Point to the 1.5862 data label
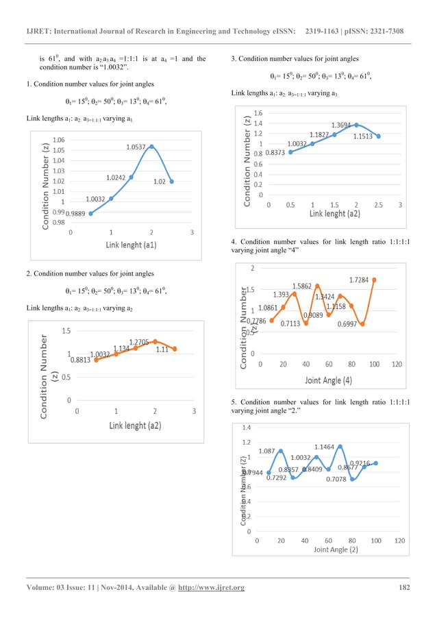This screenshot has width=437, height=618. [x=303, y=286]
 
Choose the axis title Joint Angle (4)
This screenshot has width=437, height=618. [x=329, y=380]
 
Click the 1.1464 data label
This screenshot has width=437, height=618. [x=325, y=447]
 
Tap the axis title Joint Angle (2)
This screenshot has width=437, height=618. [x=336, y=549]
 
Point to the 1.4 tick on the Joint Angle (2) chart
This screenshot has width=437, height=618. [x=247, y=427]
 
